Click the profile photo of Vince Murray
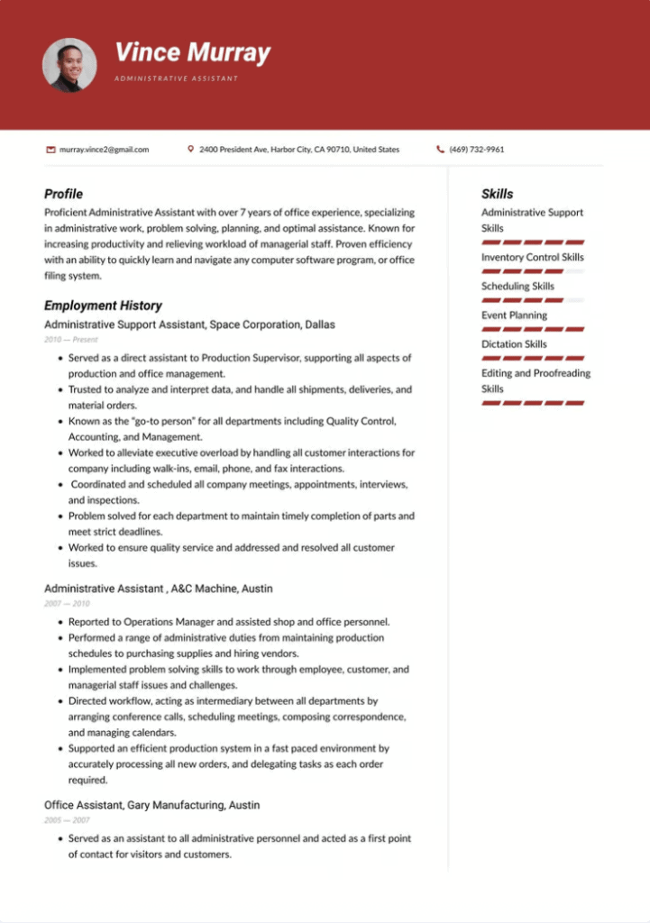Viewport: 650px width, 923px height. coord(69,65)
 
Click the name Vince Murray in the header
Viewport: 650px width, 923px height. coord(192,52)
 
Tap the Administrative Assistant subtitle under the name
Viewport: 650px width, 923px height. coord(176,78)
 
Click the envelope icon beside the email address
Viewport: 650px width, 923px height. coord(50,150)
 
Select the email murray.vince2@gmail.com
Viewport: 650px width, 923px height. coord(104,150)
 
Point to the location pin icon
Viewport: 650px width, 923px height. coord(190,150)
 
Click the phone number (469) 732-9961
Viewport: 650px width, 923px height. coord(476,150)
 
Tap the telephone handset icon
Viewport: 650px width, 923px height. coord(440,150)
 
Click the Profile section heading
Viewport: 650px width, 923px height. coord(63,194)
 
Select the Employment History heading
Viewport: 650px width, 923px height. coord(103,306)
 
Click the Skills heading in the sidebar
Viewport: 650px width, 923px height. coord(497,194)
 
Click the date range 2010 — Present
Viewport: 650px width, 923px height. coord(71,340)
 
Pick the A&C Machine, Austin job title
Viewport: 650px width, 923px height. coord(158,589)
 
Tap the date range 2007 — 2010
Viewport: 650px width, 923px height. coord(67,604)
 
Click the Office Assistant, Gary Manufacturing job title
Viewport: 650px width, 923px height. coord(151,805)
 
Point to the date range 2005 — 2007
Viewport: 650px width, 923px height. coord(67,820)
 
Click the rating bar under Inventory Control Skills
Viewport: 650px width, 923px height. coord(533,270)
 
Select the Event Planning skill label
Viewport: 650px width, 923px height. coord(514,315)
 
